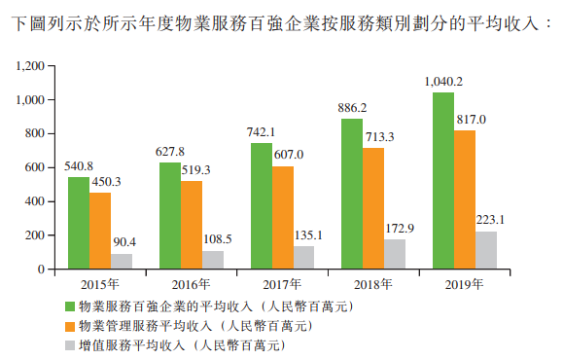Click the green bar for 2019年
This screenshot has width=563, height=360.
tap(442, 180)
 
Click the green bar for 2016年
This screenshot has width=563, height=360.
tap(169, 215)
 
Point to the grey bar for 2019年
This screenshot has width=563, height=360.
tap(485, 249)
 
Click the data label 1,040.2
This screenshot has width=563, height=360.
tap(443, 82)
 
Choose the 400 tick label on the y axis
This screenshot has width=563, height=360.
tap(37, 201)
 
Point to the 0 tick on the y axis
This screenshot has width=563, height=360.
tap(44, 270)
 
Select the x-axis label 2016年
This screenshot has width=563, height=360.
tap(191, 285)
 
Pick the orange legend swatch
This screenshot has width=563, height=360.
tap(70, 326)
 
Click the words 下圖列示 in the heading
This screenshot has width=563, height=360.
tap(38, 20)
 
